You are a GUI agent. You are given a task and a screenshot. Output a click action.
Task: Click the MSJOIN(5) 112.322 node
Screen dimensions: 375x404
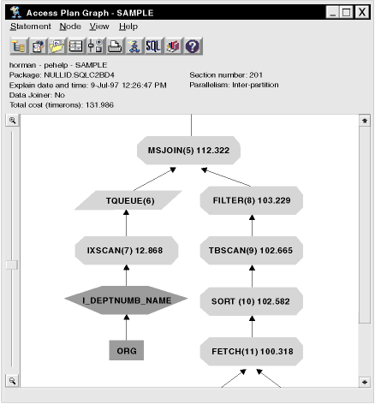pos(188,151)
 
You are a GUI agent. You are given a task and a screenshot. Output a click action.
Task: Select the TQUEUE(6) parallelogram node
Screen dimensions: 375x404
pos(128,200)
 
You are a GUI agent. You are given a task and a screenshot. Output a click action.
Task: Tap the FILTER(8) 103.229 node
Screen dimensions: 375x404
pos(252,200)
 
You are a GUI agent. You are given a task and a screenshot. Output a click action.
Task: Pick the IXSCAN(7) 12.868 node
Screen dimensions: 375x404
pos(127,250)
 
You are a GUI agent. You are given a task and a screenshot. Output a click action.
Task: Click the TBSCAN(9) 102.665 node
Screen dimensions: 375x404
pos(252,250)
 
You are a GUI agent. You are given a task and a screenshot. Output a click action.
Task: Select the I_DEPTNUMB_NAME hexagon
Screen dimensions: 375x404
pos(127,300)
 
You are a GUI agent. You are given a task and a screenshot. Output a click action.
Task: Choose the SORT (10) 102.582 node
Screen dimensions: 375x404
pos(252,301)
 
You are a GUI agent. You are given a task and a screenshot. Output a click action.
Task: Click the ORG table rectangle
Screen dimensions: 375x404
pos(127,350)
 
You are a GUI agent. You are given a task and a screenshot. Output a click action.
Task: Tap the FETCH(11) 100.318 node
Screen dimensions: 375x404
pos(252,351)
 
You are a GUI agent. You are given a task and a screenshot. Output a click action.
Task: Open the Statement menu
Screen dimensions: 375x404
pos(31,27)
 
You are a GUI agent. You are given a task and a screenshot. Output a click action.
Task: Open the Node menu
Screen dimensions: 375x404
pos(70,27)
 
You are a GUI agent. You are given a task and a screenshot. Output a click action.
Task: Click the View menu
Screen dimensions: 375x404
pos(99,27)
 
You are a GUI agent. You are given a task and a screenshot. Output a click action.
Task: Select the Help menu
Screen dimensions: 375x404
pos(128,27)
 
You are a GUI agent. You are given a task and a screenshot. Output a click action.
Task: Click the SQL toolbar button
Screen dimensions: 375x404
pos(153,46)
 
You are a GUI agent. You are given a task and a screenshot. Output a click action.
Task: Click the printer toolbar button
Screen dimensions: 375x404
pos(115,46)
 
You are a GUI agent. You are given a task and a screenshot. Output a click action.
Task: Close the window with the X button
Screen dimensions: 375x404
pos(362,13)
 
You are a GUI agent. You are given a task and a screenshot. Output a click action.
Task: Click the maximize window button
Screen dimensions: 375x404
pos(347,13)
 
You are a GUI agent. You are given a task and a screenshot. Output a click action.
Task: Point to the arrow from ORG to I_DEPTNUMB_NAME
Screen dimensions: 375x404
pos(127,327)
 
